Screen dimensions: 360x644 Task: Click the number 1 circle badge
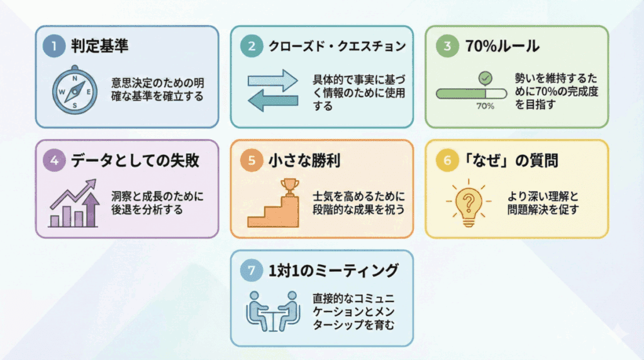pyautogui.click(x=54, y=46)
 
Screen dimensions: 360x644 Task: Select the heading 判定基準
pyautogui.click(x=99, y=46)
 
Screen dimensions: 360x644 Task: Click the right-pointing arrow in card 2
pyautogui.click(x=272, y=80)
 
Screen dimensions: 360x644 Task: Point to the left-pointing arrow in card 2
pyautogui.click(x=272, y=101)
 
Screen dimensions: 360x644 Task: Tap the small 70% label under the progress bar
pyautogui.click(x=485, y=106)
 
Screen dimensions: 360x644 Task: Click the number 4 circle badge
pyautogui.click(x=54, y=160)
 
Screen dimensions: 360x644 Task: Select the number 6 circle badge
pyautogui.click(x=447, y=160)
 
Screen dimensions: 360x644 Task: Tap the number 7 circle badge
pyautogui.click(x=251, y=271)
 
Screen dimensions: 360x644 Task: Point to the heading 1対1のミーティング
pyautogui.click(x=333, y=271)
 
